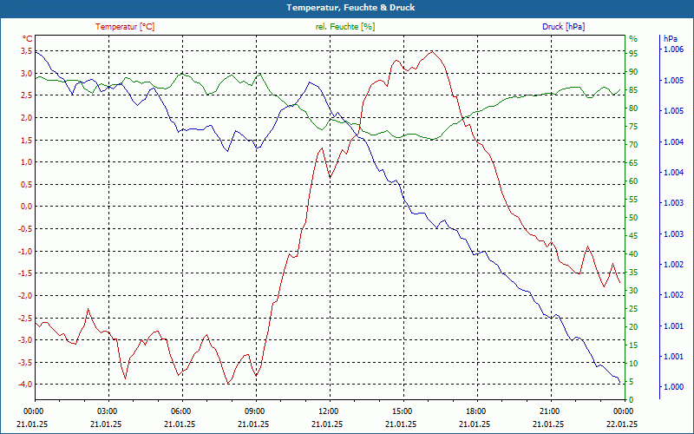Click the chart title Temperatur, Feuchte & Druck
click(346, 7)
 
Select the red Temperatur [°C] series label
click(125, 27)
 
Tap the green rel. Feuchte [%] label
click(344, 27)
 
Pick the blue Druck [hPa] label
click(563, 27)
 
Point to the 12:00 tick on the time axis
click(329, 410)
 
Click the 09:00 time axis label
click(255, 410)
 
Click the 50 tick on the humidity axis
click(633, 218)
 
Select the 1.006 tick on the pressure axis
click(673, 50)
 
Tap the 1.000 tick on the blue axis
click(673, 387)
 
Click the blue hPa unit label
click(670, 39)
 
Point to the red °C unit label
click(28, 39)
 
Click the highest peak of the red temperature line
click(432, 51)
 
